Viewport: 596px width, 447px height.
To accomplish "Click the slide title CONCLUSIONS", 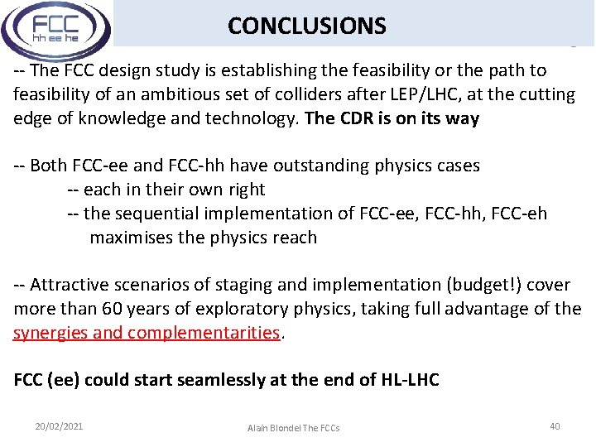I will pyautogui.click(x=306, y=26).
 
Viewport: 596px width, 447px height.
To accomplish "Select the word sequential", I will pyautogui.click(x=151, y=214).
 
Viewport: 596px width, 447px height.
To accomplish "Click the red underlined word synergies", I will pyautogui.click(x=52, y=333).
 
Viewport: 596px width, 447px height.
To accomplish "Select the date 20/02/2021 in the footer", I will pyautogui.click(x=59, y=426).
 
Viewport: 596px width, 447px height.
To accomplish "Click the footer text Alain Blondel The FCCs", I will pyautogui.click(x=293, y=428).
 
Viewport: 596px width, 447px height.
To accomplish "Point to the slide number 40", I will pyautogui.click(x=555, y=426).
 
